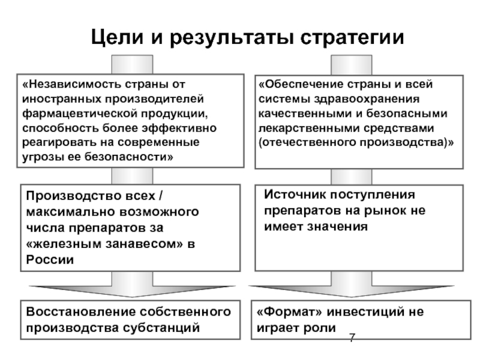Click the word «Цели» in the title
pos(117,37)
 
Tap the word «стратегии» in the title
pos(352,38)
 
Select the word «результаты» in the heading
pos(232,38)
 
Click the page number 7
pos(352,338)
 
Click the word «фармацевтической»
pos(80,113)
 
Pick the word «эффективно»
pos(179,128)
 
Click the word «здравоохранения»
pos(367,99)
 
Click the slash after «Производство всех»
pos(161,196)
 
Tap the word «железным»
pos(68,244)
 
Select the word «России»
pos(50,260)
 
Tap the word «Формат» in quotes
pos(290,311)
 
